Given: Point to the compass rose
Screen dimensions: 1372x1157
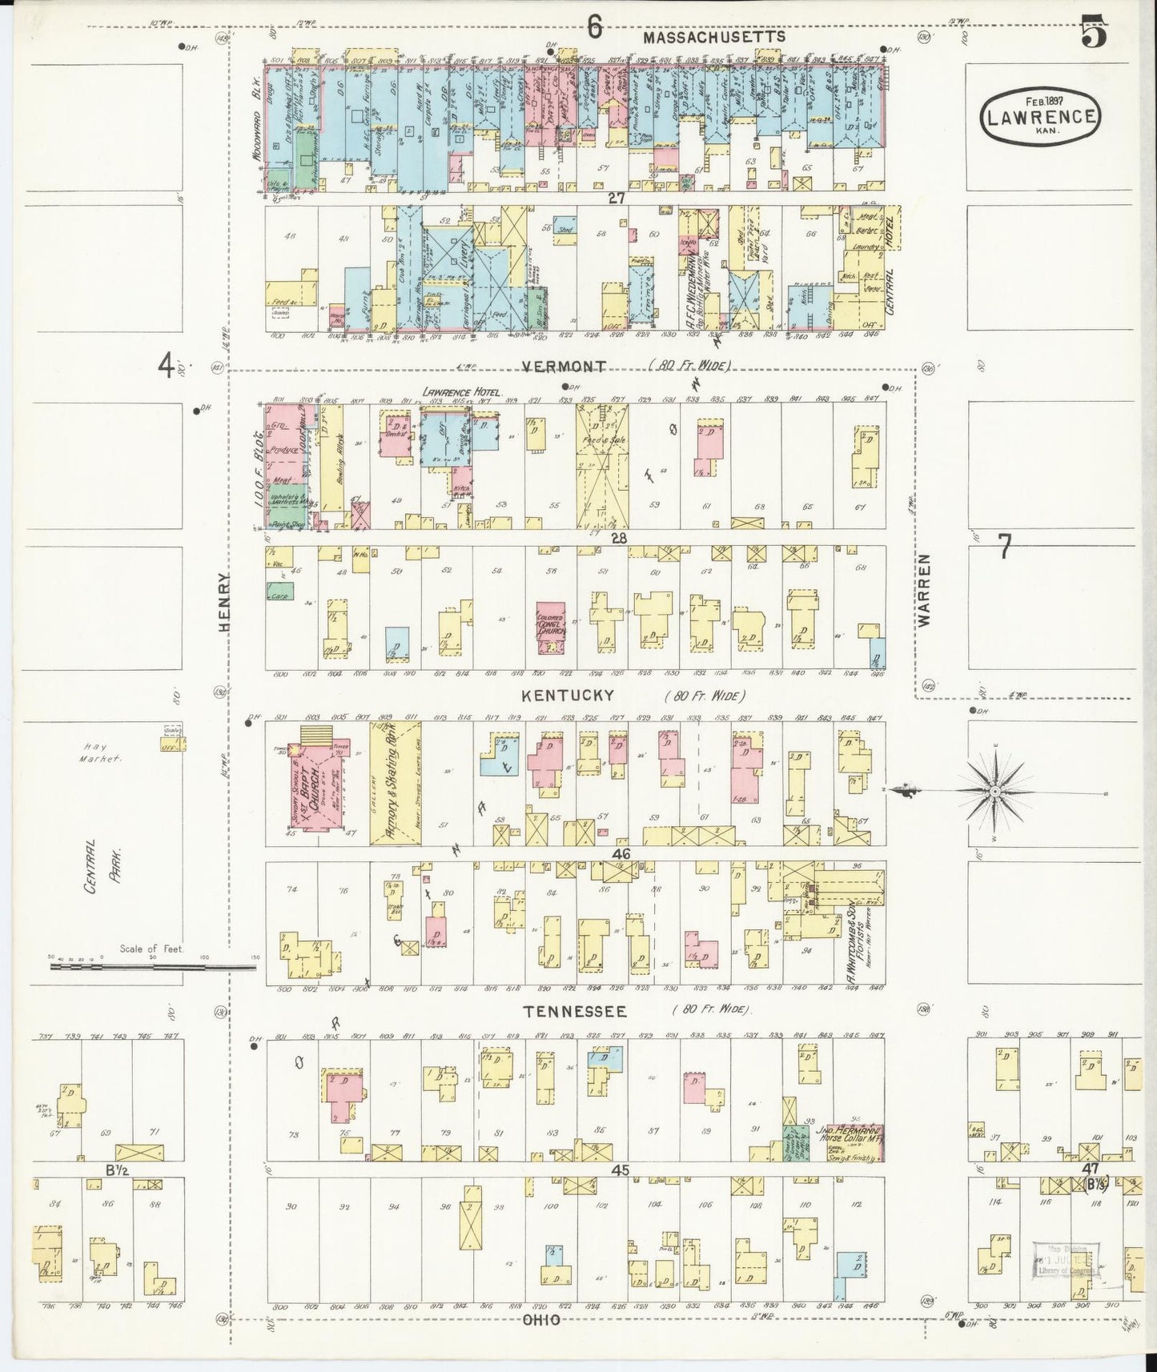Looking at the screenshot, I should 993,791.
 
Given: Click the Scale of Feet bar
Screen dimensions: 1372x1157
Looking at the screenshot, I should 152,967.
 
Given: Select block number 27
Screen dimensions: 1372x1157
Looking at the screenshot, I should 616,199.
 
